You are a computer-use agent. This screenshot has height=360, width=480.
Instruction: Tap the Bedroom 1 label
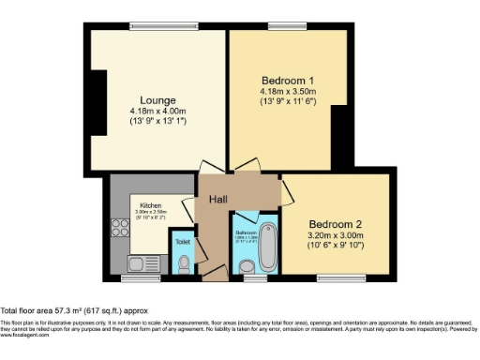point(287,80)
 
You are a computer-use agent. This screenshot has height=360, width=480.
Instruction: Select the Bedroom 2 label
point(340,225)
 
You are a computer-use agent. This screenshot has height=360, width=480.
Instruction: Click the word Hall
point(218,199)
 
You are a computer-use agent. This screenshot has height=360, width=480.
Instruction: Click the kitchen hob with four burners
point(120,228)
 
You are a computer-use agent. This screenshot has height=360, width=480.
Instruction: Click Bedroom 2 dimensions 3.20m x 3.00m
point(340,237)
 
